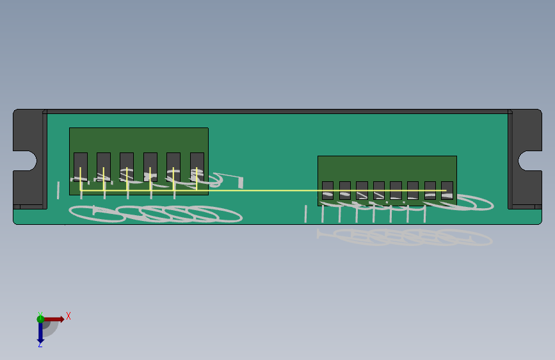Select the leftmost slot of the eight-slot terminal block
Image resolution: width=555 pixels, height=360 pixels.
tap(328, 190)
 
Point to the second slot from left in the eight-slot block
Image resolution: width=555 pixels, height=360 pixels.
tap(345, 190)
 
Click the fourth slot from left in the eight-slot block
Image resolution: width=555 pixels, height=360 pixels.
tap(379, 190)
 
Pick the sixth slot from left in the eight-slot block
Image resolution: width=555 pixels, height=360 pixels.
tap(413, 190)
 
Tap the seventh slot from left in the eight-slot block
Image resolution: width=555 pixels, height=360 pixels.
tap(430, 190)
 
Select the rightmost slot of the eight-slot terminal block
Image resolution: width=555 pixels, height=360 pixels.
tap(447, 190)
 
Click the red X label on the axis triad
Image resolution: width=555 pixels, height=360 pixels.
tap(68, 316)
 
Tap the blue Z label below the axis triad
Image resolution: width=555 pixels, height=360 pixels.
tap(40, 344)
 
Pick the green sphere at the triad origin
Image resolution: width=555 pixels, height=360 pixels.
tap(40, 318)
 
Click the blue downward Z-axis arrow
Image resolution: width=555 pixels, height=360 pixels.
tap(40, 331)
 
